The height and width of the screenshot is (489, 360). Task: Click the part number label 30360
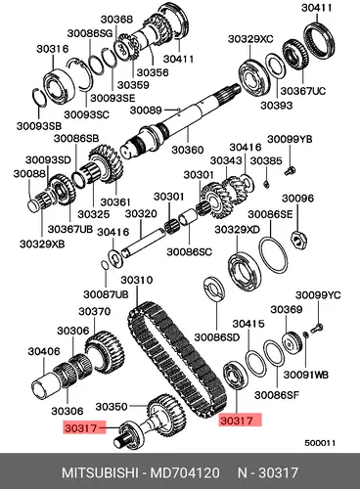188,150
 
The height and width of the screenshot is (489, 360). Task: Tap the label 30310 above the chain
137,280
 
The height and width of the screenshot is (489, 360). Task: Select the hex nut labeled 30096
297,241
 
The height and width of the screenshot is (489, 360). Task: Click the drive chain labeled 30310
177,361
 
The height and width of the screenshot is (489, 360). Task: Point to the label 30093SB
39,126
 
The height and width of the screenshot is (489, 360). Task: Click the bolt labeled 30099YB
290,170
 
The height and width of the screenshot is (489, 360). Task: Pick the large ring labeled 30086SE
274,255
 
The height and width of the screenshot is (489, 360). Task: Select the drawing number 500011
320,443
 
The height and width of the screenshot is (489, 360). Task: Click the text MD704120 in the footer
185,472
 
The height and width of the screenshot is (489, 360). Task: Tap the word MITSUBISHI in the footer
102,472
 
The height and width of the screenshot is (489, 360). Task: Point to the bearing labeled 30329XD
245,273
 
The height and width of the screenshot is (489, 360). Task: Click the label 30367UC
303,91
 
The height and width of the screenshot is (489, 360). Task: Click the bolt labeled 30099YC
315,328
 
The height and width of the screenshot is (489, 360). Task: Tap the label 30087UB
106,294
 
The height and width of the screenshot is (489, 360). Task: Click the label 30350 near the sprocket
112,407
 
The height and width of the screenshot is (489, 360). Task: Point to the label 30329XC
250,39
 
